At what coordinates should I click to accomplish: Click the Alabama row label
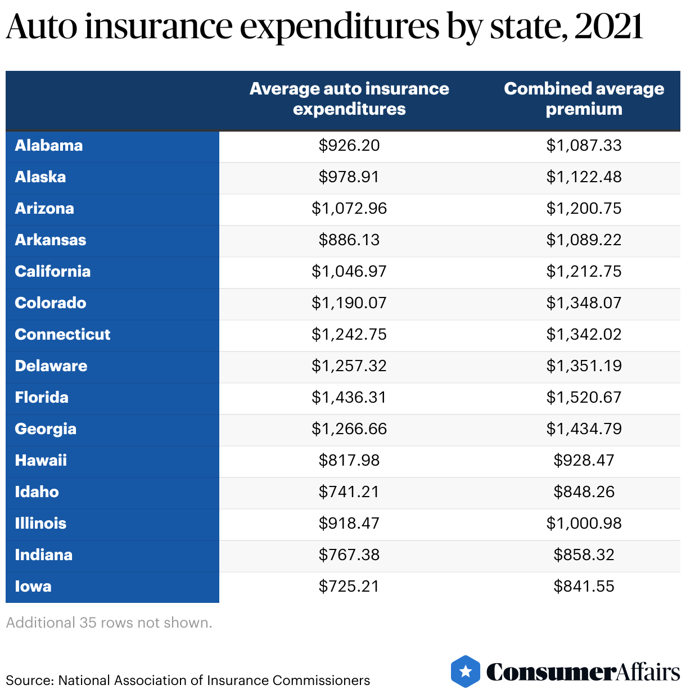pyautogui.click(x=49, y=146)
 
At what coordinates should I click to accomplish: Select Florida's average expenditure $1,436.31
pyautogui.click(x=349, y=398)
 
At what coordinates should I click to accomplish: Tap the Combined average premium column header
pyautogui.click(x=584, y=98)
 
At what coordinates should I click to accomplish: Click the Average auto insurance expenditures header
pyautogui.click(x=349, y=98)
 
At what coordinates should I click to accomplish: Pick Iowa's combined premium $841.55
pyautogui.click(x=584, y=587)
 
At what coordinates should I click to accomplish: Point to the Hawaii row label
pyautogui.click(x=41, y=461)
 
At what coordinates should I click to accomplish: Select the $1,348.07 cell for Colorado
pyautogui.click(x=584, y=303)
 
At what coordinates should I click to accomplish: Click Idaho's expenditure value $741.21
pyautogui.click(x=349, y=492)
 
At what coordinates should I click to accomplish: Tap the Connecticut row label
pyautogui.click(x=62, y=335)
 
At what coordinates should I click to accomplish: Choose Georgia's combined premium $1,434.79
pyautogui.click(x=584, y=429)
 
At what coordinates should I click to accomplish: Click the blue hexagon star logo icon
pyautogui.click(x=466, y=671)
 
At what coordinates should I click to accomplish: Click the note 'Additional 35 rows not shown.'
pyautogui.click(x=109, y=623)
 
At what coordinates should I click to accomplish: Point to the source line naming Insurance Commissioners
pyautogui.click(x=188, y=681)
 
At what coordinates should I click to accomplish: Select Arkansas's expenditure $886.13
pyautogui.click(x=349, y=240)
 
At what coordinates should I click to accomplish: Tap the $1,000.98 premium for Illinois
pyautogui.click(x=584, y=524)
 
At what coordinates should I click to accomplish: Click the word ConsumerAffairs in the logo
pyautogui.click(x=583, y=672)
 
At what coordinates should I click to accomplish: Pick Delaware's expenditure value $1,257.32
pyautogui.click(x=349, y=366)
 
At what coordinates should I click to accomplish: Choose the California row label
pyautogui.click(x=53, y=272)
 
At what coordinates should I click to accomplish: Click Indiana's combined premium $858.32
pyautogui.click(x=584, y=555)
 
